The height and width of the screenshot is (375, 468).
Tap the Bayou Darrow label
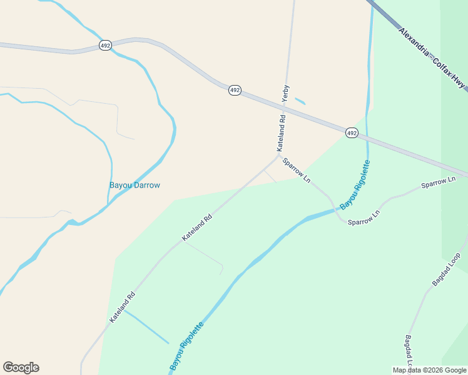[135, 185]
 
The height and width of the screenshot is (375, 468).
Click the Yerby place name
[286, 92]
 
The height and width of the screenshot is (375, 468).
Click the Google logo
[21, 367]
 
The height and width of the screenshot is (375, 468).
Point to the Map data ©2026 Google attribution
[430, 370]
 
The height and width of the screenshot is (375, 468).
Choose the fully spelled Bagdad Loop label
[446, 269]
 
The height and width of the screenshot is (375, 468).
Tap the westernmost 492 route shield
[105, 46]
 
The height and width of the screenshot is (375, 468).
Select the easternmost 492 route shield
[352, 132]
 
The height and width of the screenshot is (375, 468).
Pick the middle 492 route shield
[235, 90]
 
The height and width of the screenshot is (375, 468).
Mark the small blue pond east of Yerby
[300, 101]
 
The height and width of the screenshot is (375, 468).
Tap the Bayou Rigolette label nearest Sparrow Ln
[355, 185]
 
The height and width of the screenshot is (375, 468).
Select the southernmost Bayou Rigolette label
[186, 345]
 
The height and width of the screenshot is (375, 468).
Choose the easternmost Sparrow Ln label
[438, 182]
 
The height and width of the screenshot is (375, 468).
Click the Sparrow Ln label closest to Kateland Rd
[297, 170]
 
